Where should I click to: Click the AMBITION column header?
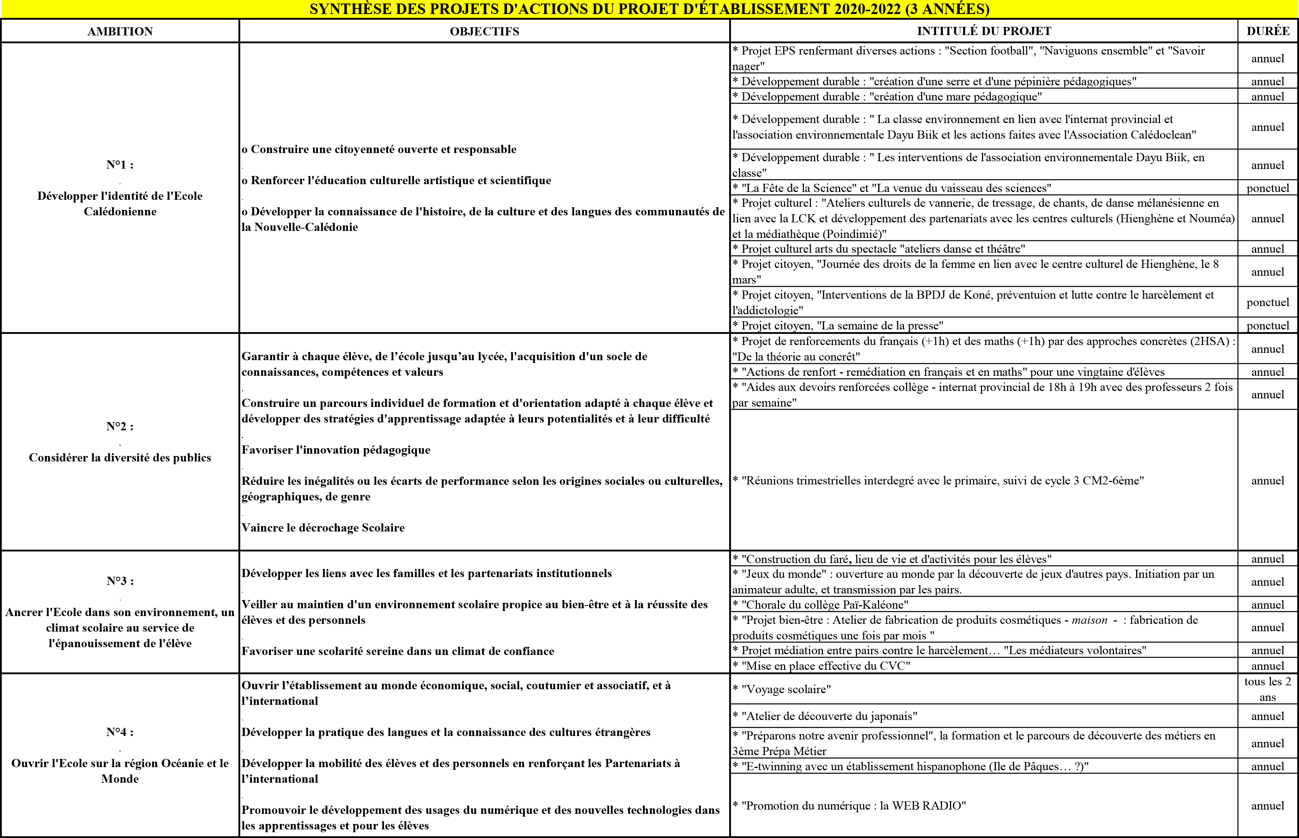coord(120,32)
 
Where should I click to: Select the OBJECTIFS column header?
coord(484,32)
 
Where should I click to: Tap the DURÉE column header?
coord(1267,31)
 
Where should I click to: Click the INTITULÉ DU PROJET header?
coord(984,31)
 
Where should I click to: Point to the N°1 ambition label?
coord(120,165)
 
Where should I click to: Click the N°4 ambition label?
coord(120,732)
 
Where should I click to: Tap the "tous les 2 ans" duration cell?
coord(1267,690)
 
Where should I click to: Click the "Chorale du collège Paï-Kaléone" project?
coord(825,605)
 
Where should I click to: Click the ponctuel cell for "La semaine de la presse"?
coord(1267,326)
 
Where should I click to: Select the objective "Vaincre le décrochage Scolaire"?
coord(323,528)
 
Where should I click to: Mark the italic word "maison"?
coord(1089,620)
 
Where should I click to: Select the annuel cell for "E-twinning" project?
coord(1267,767)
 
